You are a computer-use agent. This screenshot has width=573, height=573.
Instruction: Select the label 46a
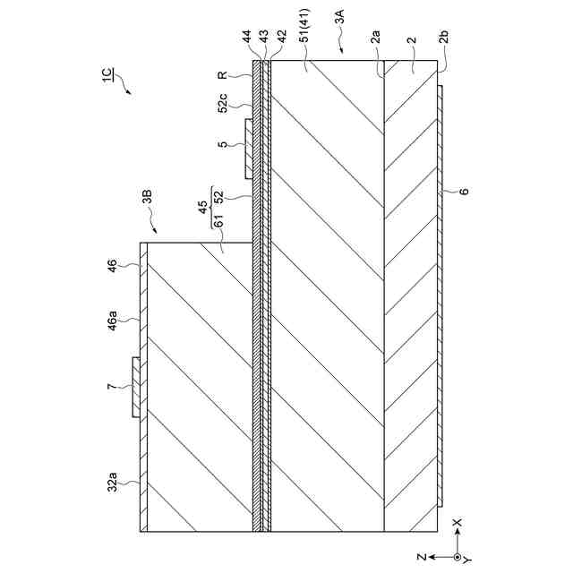[115, 318]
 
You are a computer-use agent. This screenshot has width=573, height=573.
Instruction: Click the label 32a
[115, 483]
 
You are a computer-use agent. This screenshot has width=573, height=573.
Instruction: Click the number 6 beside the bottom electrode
[463, 191]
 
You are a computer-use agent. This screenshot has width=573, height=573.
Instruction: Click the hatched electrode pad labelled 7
[135, 386]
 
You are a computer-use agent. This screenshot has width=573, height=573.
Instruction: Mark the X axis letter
[458, 522]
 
